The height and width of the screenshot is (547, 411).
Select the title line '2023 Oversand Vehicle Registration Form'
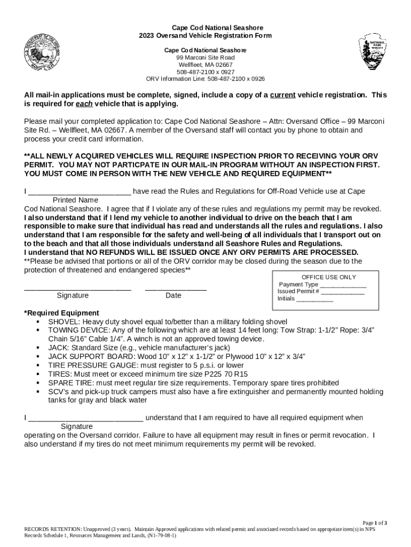click(205, 36)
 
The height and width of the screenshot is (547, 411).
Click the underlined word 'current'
click(282, 95)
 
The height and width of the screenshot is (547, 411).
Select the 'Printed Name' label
click(75, 200)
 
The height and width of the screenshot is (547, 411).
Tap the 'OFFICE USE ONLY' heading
click(328, 277)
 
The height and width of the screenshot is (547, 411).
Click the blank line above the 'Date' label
click(176, 289)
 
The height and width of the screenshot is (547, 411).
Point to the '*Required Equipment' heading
click(61, 313)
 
